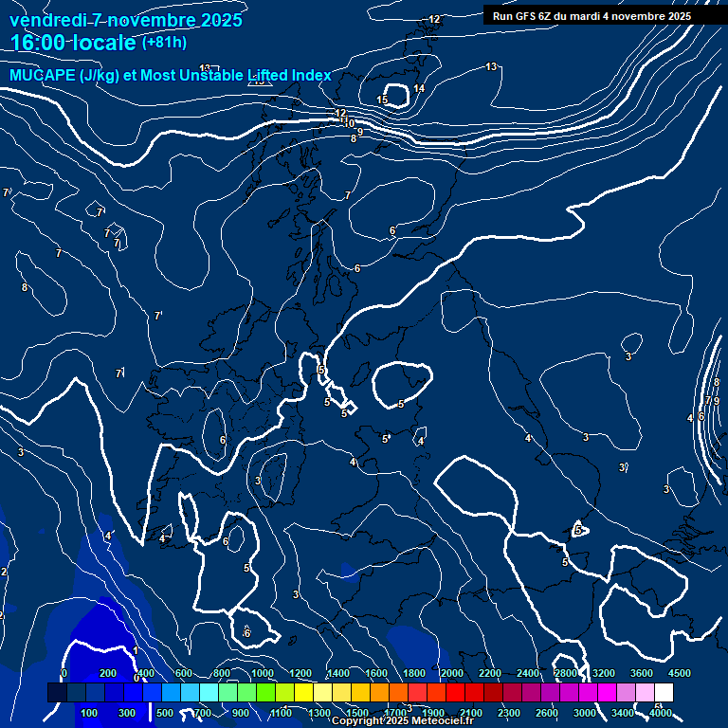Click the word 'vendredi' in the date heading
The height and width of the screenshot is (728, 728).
[48, 20]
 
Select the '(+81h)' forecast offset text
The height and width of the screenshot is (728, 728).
[164, 43]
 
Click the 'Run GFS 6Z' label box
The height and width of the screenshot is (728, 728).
[591, 16]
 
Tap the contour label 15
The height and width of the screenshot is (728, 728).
[382, 100]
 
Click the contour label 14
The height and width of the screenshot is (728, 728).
[419, 89]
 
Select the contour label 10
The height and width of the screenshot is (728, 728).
[350, 123]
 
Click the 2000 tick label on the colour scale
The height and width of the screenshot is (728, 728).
[451, 673]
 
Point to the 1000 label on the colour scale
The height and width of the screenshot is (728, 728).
[263, 673]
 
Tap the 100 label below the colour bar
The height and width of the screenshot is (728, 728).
[89, 713]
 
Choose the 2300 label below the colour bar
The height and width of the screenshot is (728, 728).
[508, 713]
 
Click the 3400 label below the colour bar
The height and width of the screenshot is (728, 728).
[623, 713]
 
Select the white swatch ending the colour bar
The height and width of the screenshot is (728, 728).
[664, 693]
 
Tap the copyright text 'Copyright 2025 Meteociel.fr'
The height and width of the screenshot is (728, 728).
[402, 721]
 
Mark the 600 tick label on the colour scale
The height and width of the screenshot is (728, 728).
[184, 673]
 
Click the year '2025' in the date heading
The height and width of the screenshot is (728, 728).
[220, 20]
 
